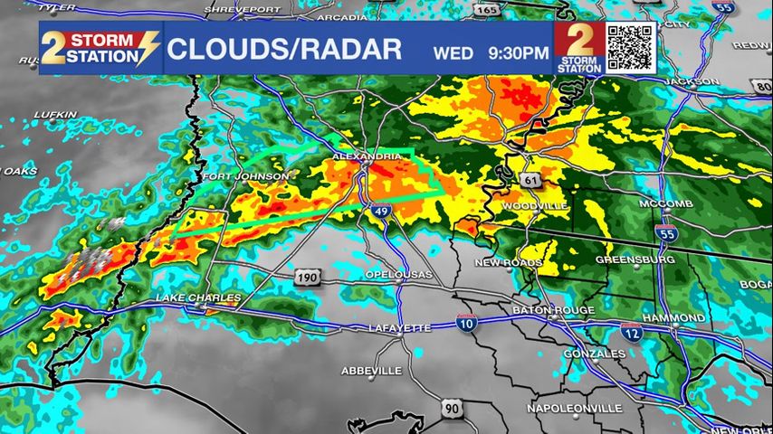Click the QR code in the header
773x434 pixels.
point(629,48)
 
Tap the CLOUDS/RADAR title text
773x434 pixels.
point(283,50)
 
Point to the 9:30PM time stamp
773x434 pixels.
point(518,52)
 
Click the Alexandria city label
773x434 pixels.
point(367,156)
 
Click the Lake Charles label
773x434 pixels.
point(198,297)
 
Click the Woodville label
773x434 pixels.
point(535,206)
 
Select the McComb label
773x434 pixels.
point(665,203)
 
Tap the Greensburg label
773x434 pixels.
point(635,259)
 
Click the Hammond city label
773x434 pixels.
point(673,318)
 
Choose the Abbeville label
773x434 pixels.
point(371,371)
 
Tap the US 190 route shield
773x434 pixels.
point(307,277)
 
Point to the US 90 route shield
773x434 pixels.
point(452,410)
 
